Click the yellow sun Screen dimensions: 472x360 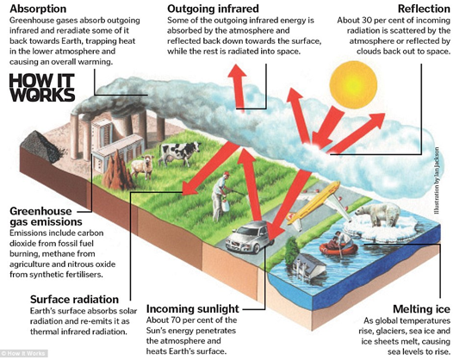coord(353,84)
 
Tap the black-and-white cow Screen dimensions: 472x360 coord(180,153)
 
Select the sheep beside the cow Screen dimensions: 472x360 coord(143,166)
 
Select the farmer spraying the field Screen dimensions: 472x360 coord(221,196)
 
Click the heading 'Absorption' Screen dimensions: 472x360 coord(38,9)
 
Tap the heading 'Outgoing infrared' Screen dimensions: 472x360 coord(213,9)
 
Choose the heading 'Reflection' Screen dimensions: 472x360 coord(424,9)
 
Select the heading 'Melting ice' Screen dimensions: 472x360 coord(421,309)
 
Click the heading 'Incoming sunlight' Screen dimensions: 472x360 coord(193,309)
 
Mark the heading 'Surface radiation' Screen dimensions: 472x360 coord(74,300)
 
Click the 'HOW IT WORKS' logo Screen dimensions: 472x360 coord(42,88)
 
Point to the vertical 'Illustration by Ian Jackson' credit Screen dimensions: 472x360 coord(437,181)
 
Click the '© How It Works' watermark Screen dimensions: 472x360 coord(23,353)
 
